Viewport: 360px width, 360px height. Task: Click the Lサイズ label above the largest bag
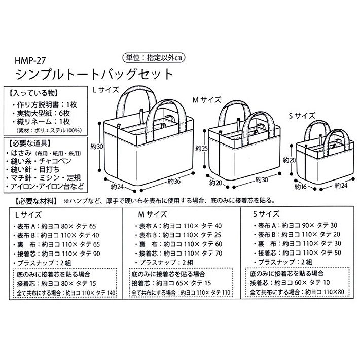pyautogui.click(x=105, y=90)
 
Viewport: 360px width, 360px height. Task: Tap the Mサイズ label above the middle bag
pyautogui.click(x=205, y=100)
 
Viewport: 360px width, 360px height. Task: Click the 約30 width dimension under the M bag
pyautogui.click(x=262, y=179)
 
